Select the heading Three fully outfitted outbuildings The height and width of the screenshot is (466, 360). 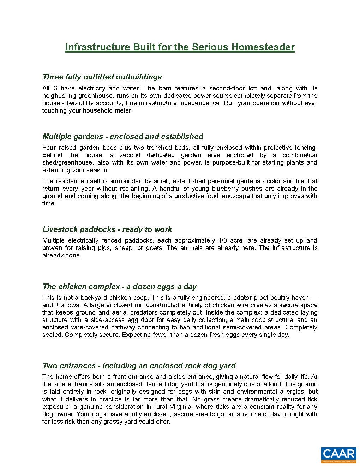click(102, 77)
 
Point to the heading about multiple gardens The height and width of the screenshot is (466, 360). click(122, 137)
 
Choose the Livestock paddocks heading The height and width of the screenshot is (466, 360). click(107, 229)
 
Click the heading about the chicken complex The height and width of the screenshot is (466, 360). click(119, 287)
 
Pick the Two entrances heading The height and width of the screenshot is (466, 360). click(139, 366)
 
